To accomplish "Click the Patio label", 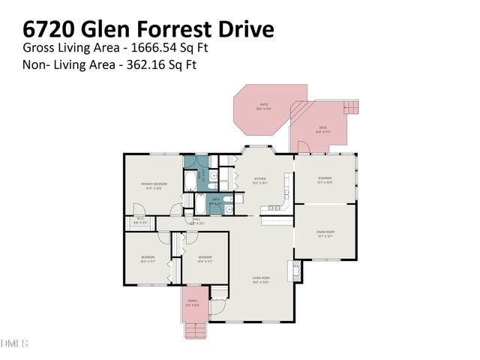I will tap(264, 105).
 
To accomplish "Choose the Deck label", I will tap(324, 127).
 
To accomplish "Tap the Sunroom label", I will tap(325, 178).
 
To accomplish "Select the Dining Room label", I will tap(325, 232).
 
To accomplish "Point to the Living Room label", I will tap(260, 278).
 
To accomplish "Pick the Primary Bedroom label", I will tap(154, 184).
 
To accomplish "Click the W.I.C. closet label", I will tap(140, 220).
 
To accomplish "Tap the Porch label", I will tap(193, 301).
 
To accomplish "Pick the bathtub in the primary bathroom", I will tap(190, 181).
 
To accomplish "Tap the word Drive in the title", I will tap(240, 29).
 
